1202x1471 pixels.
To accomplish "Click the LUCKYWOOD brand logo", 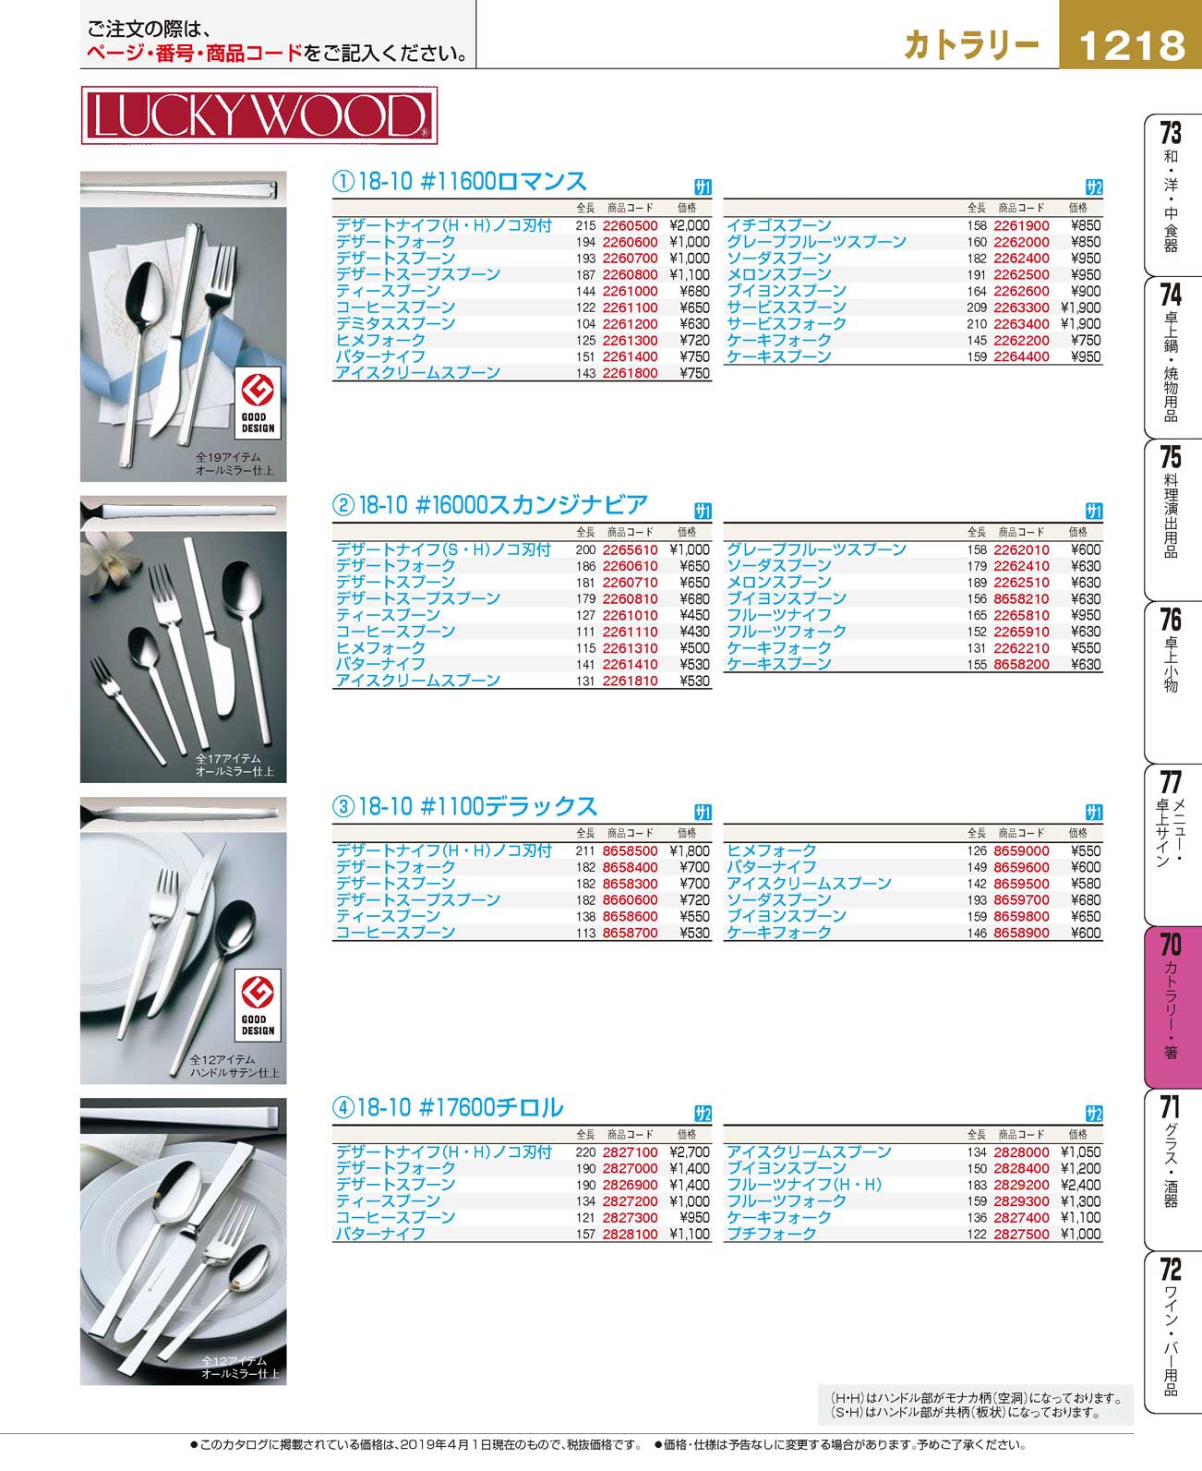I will (x=258, y=115).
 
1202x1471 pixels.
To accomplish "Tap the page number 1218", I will (x=1131, y=45).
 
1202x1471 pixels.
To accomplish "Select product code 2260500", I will (x=630, y=225).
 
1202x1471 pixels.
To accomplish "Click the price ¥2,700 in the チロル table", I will (x=690, y=1152).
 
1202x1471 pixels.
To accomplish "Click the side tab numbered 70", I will (x=1171, y=1007).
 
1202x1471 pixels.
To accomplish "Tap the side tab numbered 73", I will (x=1171, y=194).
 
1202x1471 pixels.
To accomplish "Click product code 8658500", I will (x=630, y=850).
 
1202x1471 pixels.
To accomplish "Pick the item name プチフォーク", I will (x=771, y=1234).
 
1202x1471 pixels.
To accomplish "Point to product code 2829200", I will (x=1021, y=1185).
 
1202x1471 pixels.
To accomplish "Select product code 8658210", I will (x=1021, y=598).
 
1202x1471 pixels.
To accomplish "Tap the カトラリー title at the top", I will (x=971, y=45).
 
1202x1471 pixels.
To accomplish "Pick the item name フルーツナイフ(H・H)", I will (x=803, y=1185).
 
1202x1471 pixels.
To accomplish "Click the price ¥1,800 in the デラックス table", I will (x=690, y=850).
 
